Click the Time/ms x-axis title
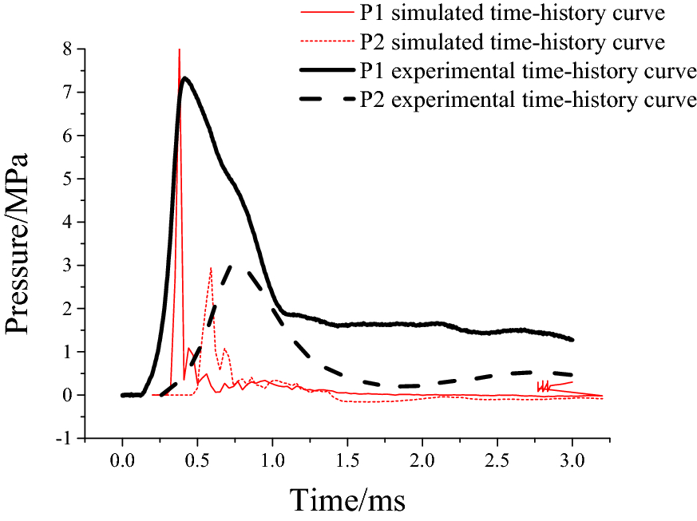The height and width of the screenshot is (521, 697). tap(347, 500)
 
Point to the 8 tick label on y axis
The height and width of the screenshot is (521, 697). tap(69, 49)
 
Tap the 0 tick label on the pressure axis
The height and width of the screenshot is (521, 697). tap(69, 395)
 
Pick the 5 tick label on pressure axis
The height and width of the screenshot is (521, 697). tap(69, 179)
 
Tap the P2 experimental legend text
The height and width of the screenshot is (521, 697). tap(529, 101)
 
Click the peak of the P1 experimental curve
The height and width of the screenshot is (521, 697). tap(184, 78)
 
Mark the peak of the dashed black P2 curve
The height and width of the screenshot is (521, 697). tap(232, 267)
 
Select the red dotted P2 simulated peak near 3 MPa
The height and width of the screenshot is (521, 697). tap(211, 268)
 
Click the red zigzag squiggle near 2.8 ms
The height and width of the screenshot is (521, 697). tap(546, 386)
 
